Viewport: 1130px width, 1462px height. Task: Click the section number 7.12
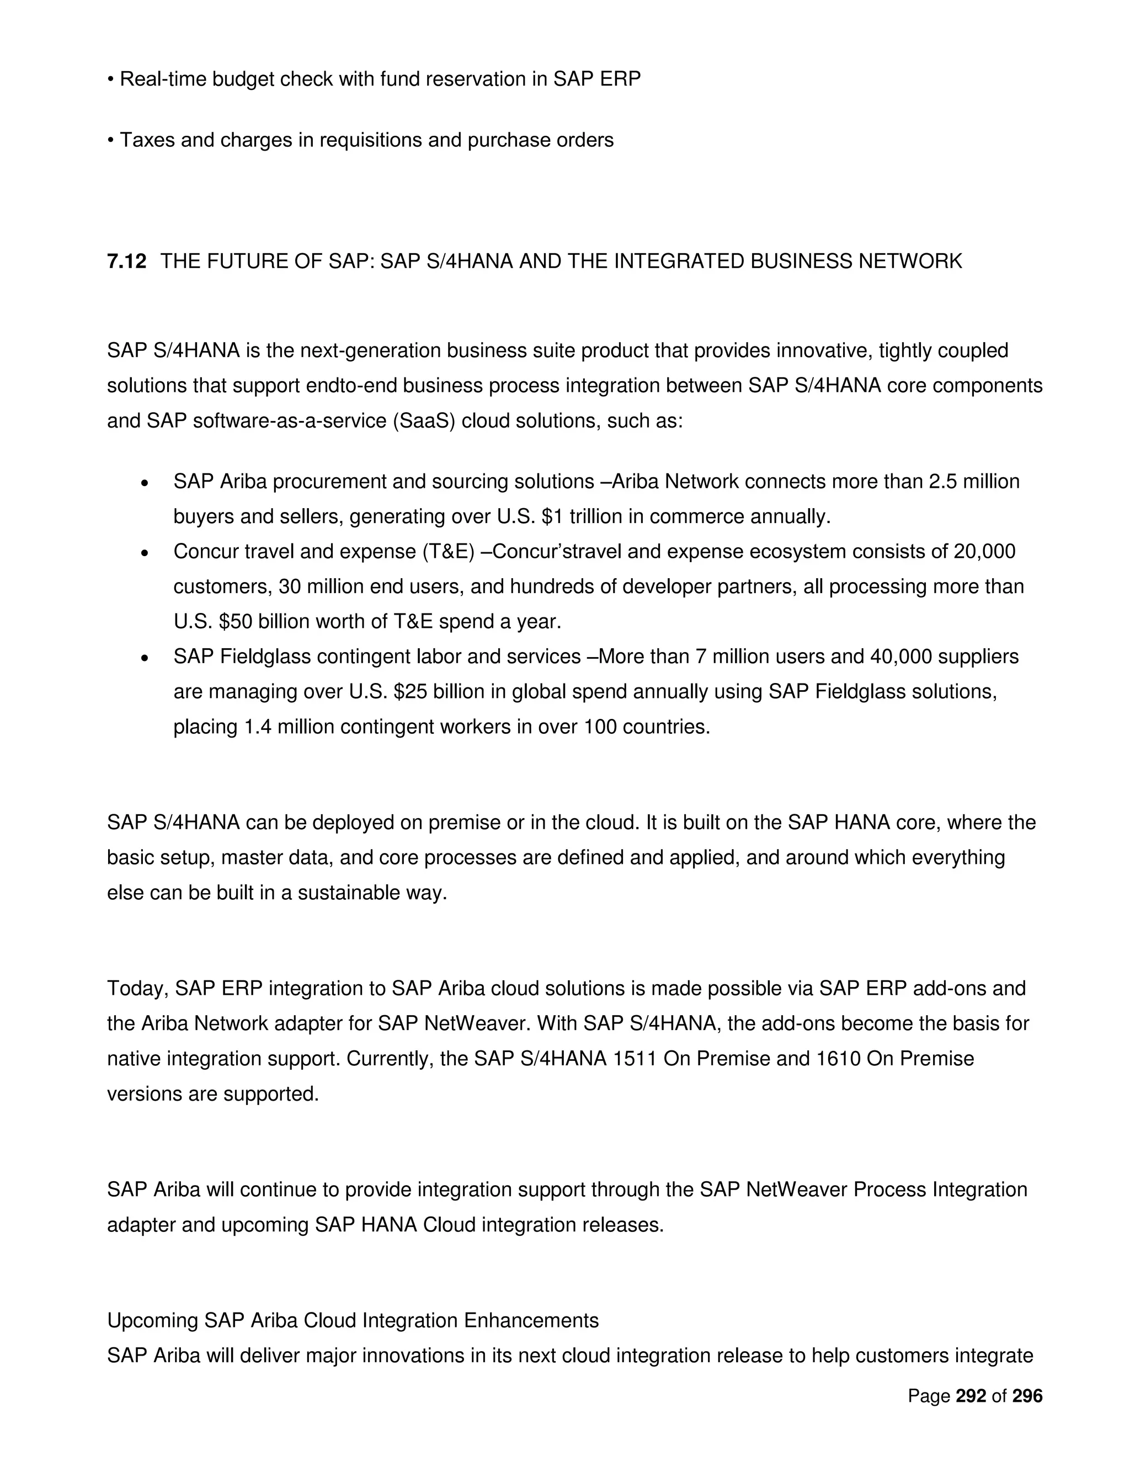pyautogui.click(x=126, y=261)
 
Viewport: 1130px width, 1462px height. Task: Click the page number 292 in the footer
pyautogui.click(x=971, y=1396)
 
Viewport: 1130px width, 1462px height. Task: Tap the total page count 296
pyautogui.click(x=1027, y=1396)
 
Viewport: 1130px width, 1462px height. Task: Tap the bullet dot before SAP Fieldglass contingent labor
pyautogui.click(x=144, y=659)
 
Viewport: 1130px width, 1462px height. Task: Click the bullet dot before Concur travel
pyautogui.click(x=144, y=553)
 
